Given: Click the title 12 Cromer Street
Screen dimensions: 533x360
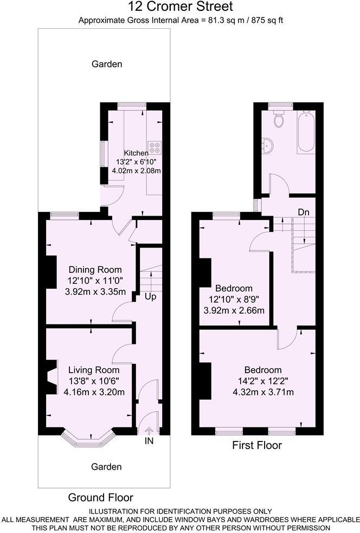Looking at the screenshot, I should [x=181, y=7].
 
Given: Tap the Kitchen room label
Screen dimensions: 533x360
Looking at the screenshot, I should [x=136, y=153].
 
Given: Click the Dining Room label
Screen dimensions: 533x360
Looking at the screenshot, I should [x=95, y=270].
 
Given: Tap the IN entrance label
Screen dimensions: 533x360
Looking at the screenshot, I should [x=149, y=441].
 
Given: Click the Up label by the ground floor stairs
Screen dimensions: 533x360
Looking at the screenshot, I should [x=151, y=297].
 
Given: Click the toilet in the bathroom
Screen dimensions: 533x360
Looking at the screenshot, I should [x=280, y=119].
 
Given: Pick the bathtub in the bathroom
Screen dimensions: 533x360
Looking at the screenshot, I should [x=306, y=132].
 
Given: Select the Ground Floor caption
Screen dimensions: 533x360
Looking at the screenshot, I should [x=100, y=497].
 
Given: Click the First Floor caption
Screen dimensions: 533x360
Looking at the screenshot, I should [x=257, y=446].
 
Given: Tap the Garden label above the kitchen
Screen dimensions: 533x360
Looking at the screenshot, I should [x=106, y=64].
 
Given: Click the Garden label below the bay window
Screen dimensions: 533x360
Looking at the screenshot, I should [x=106, y=466].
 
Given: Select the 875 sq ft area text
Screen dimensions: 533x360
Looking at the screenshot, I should [x=263, y=21].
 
